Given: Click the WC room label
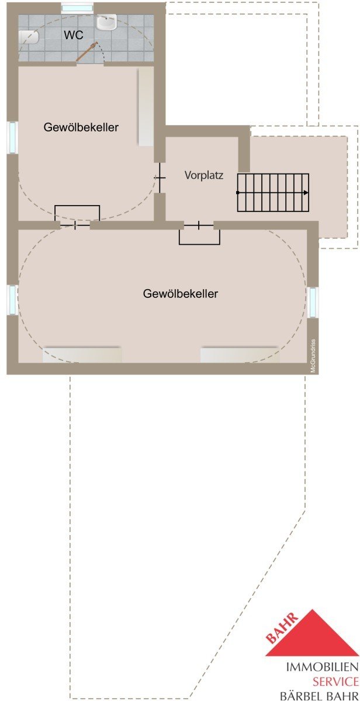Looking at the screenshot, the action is pyautogui.click(x=74, y=35).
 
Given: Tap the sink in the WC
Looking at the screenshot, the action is pyautogui.click(x=106, y=23).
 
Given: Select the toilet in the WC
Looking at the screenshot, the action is pyautogui.click(x=29, y=37).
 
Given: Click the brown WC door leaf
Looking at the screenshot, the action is pyautogui.click(x=86, y=51).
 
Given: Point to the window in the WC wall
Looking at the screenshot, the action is pyautogui.click(x=77, y=7).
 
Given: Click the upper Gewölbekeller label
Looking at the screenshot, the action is pyautogui.click(x=81, y=127).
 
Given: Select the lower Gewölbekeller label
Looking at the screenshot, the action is pyautogui.click(x=181, y=293).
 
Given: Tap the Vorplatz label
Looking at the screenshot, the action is pyautogui.click(x=204, y=175).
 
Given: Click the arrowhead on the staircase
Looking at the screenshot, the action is pyautogui.click(x=306, y=193).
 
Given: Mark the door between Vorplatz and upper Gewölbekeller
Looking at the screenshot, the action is pyautogui.click(x=160, y=178).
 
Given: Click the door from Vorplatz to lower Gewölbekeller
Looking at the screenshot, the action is pyautogui.click(x=199, y=225).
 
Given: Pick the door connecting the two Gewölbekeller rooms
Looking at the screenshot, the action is pyautogui.click(x=75, y=225).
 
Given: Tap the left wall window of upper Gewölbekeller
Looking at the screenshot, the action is pyautogui.click(x=12, y=138).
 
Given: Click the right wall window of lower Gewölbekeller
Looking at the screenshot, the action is pyautogui.click(x=313, y=303).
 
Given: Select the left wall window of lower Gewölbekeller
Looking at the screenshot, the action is pyautogui.click(x=12, y=300).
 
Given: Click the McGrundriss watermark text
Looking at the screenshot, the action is pyautogui.click(x=313, y=356).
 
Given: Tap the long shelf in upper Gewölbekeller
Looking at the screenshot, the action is pyautogui.click(x=146, y=107).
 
